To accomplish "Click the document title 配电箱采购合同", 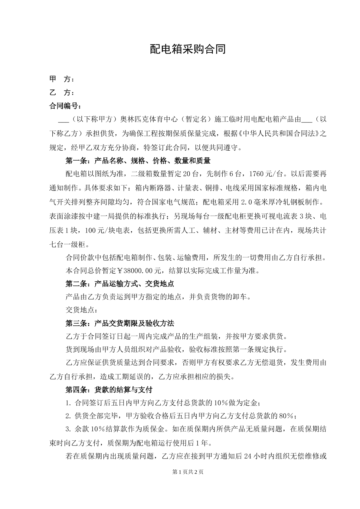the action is [x=188, y=49].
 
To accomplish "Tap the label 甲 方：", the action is [x=62, y=80].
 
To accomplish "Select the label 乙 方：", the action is [x=62, y=93].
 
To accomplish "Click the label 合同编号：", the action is [x=65, y=106].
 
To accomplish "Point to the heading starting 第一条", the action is [x=138, y=161].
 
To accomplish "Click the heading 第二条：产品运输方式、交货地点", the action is [x=119, y=284].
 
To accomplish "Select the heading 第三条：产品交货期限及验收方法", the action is [x=120, y=323].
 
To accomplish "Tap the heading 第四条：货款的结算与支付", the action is [x=109, y=390].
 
